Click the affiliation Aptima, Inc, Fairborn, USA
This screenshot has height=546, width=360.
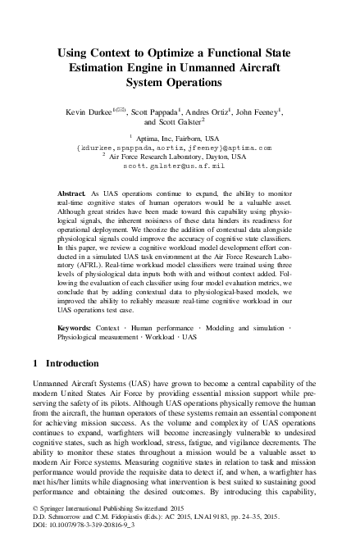[x=180, y=139]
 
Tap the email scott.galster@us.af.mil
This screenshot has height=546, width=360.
[x=180, y=164]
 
